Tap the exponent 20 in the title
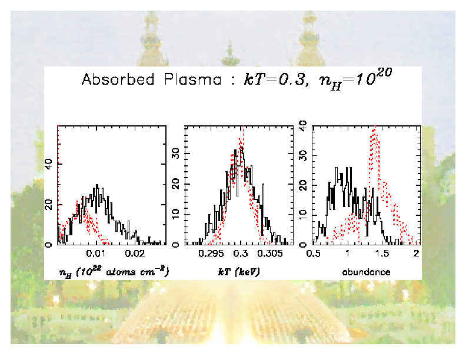point(382,75)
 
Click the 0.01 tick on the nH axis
point(96,254)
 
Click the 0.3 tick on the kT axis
point(240,254)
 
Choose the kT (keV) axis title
point(239,272)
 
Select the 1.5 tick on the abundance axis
point(382,254)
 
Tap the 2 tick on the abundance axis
point(416,254)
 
